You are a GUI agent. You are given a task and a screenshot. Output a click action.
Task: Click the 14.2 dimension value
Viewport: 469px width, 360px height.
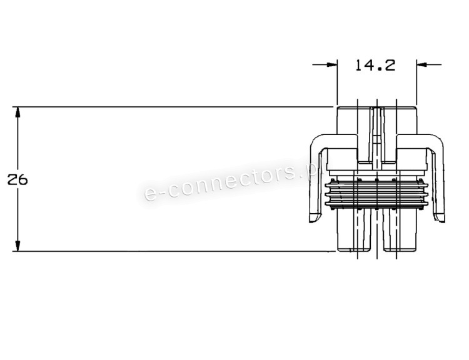[x=375, y=65]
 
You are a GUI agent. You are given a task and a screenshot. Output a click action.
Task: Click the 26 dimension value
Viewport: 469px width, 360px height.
[x=18, y=180]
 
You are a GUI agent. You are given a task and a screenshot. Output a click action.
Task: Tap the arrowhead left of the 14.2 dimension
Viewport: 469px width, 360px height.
[x=332, y=64]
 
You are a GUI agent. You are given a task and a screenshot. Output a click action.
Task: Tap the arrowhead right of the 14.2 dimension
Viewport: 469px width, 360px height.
[x=421, y=64]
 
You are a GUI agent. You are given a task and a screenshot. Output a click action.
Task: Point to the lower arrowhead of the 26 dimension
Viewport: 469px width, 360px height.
[x=18, y=246]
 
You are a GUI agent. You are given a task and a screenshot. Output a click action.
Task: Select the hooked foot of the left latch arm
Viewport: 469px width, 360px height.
[x=315, y=217]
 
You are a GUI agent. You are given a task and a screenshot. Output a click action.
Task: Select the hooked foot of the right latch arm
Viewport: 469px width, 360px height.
[x=439, y=217]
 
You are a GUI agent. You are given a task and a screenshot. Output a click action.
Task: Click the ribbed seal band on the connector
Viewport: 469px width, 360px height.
[x=376, y=194]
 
